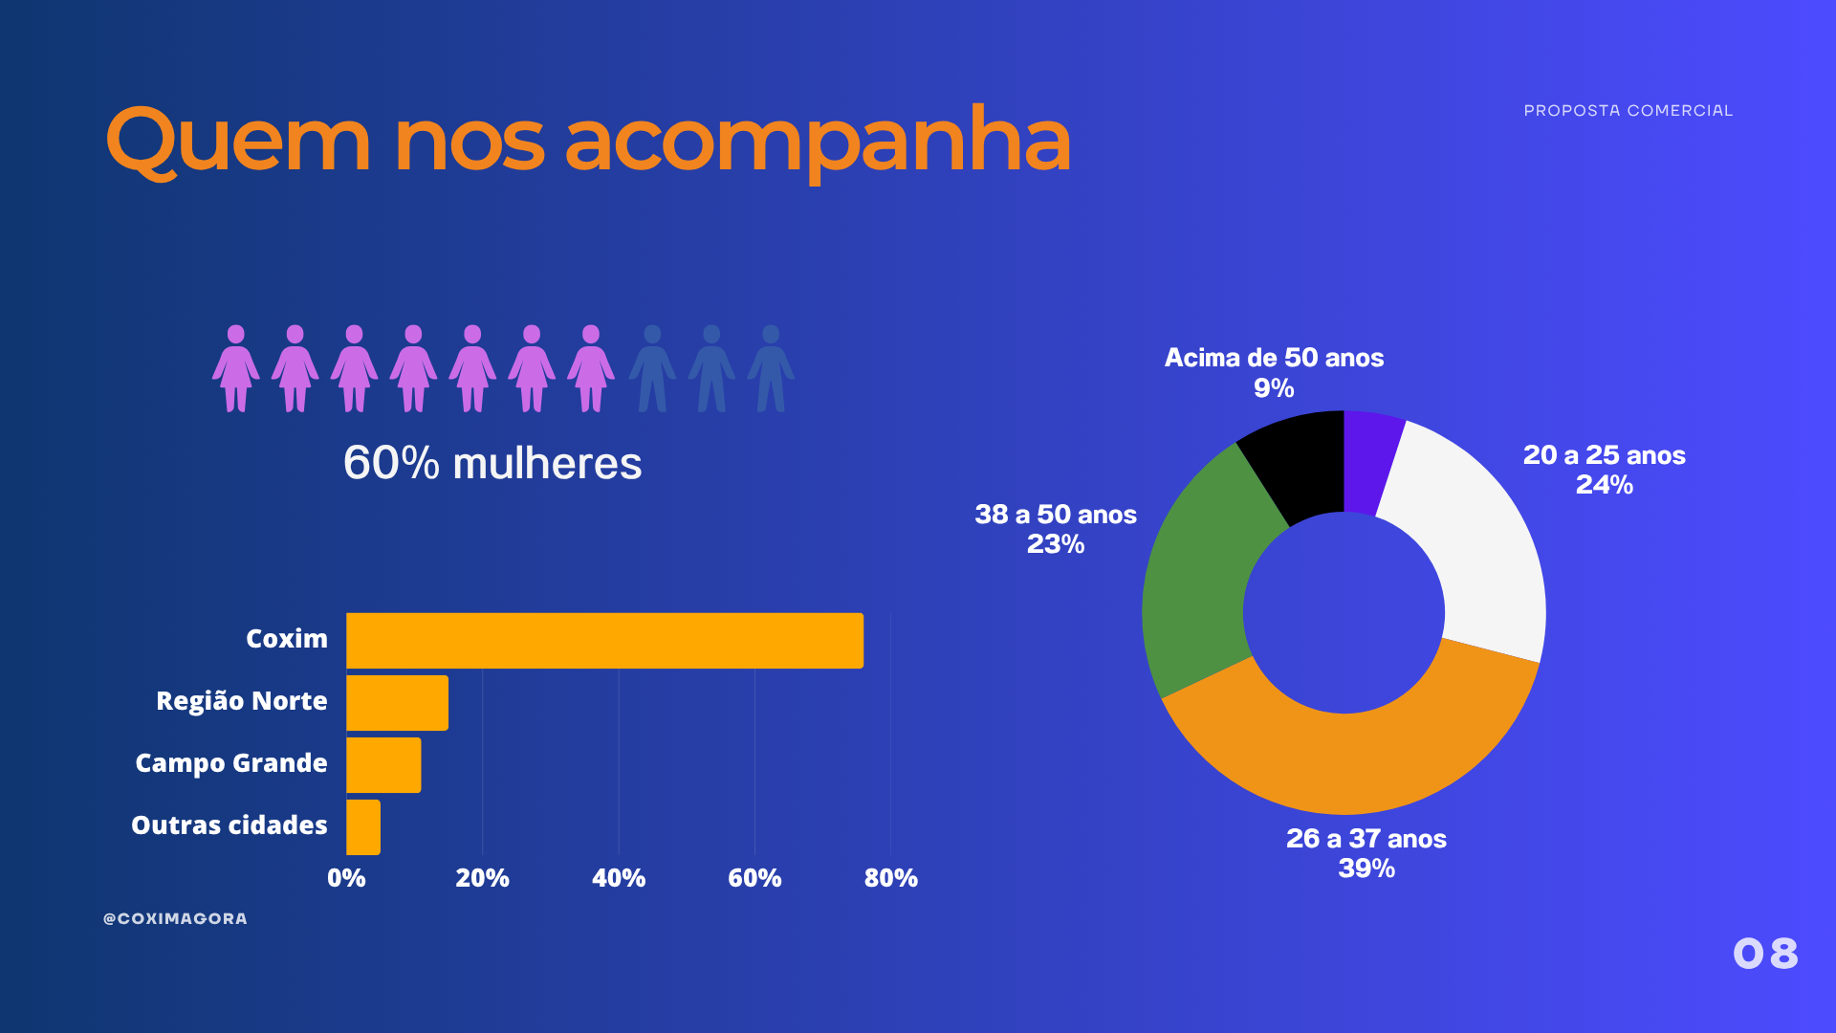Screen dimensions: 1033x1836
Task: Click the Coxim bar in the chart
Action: click(604, 640)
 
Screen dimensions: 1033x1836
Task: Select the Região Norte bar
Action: click(397, 702)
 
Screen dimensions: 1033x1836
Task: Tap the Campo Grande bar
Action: click(383, 764)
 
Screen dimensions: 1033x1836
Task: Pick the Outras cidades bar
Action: click(363, 826)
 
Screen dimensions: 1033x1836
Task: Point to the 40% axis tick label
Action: click(619, 878)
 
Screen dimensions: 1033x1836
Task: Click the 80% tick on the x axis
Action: click(890, 878)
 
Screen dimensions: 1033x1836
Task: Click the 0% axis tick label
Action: click(346, 878)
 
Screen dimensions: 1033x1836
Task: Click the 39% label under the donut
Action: click(1366, 868)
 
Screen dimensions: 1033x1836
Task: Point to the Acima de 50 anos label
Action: click(1274, 358)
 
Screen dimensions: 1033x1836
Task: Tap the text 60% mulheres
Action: click(492, 463)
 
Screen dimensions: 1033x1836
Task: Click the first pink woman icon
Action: click(235, 368)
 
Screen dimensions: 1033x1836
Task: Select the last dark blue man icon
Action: click(771, 368)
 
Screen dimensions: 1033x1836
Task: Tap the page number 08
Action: click(1765, 954)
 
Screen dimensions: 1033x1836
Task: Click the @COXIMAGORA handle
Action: click(175, 918)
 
